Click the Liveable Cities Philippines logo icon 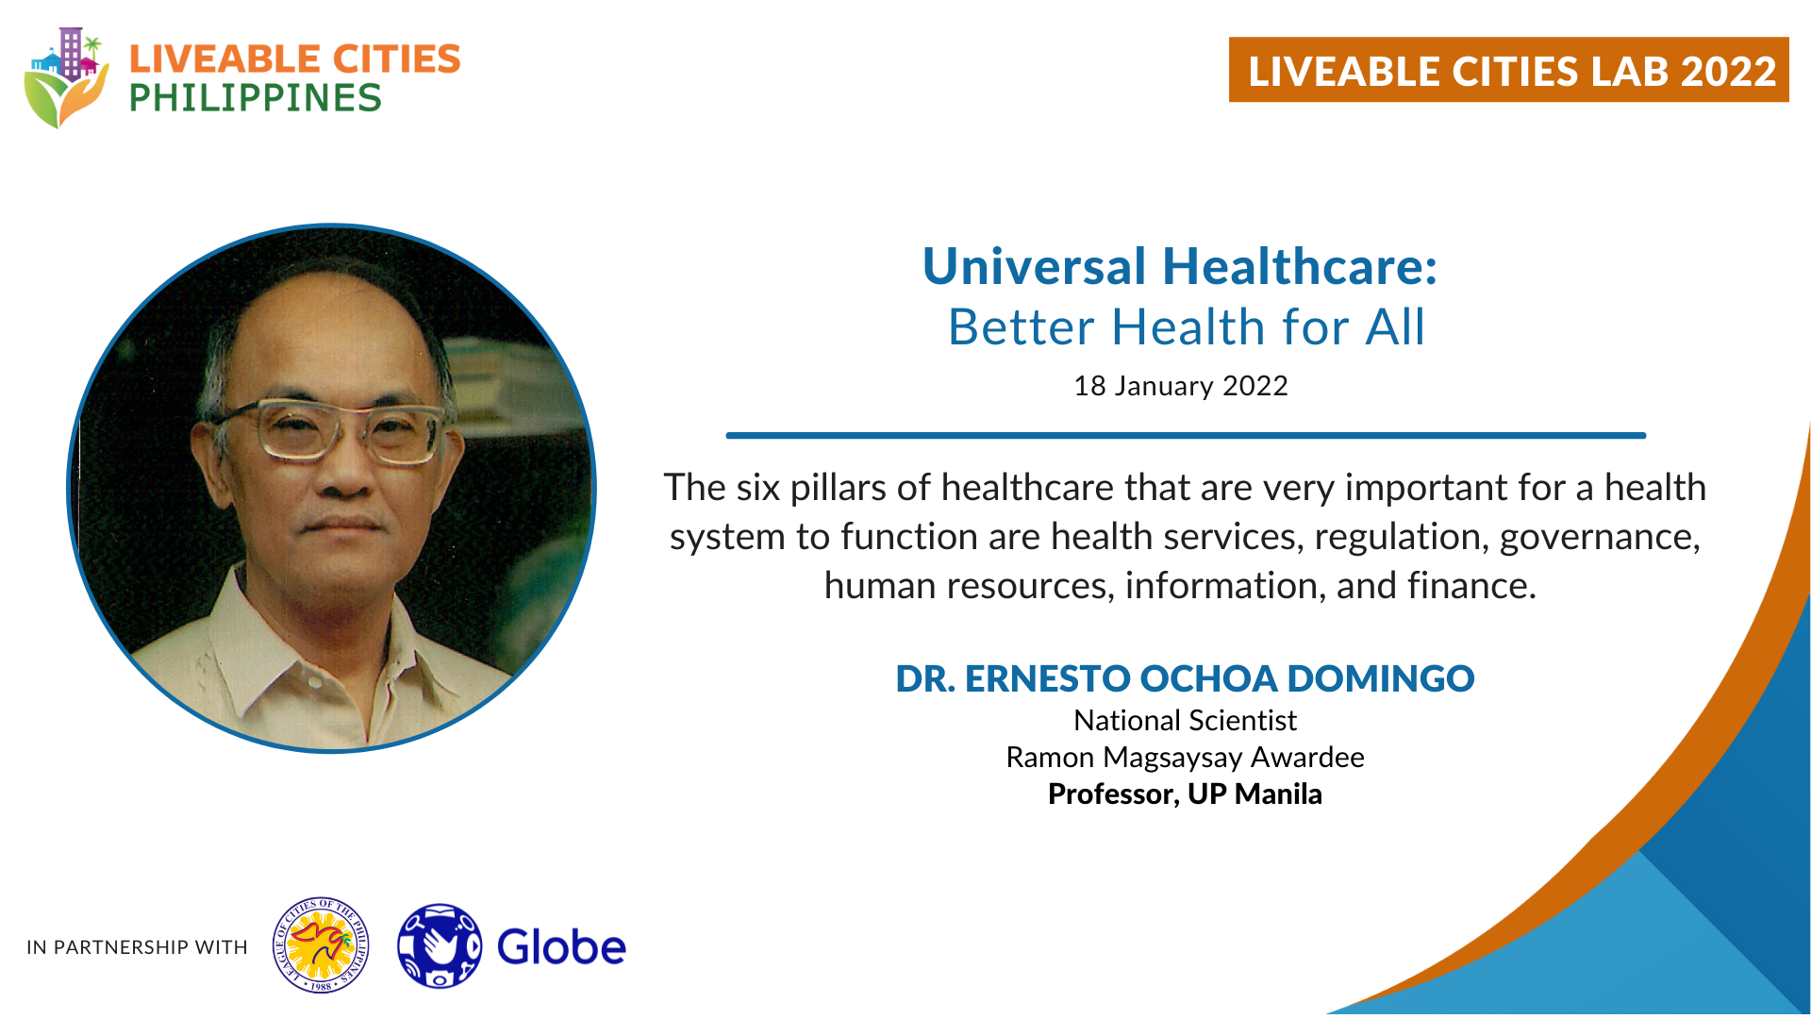(x=66, y=77)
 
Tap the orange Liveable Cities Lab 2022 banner (x=1508, y=70)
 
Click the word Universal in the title (x=1035, y=266)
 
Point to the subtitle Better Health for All (x=1187, y=327)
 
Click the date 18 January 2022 (x=1181, y=386)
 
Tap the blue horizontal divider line (x=1186, y=435)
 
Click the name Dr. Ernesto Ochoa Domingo (x=1185, y=678)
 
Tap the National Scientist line (x=1185, y=721)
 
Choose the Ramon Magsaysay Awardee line (x=1185, y=758)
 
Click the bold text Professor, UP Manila (x=1185, y=794)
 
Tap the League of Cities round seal (x=321, y=945)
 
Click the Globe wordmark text (x=561, y=947)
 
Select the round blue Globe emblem (x=440, y=946)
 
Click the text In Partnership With (x=137, y=947)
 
